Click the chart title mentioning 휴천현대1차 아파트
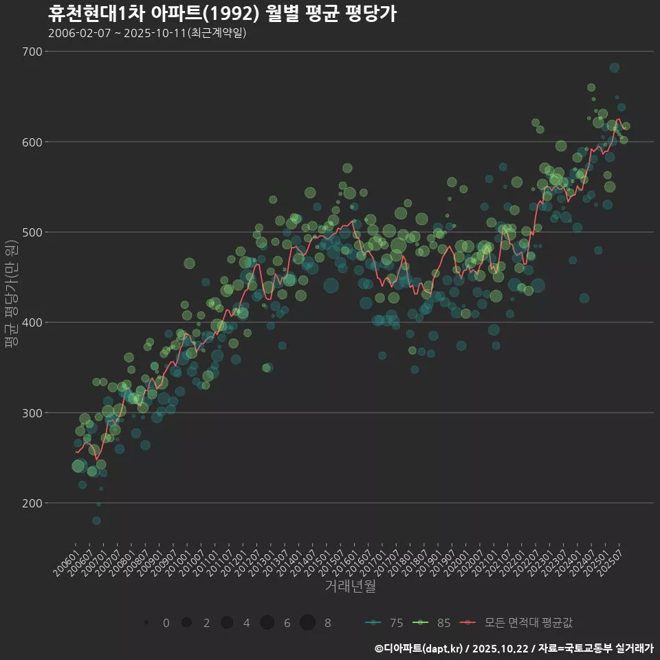[x=221, y=14]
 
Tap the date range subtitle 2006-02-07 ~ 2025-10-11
[x=147, y=33]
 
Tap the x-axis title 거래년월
[x=350, y=586]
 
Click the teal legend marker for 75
[x=373, y=623]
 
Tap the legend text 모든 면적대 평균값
[x=528, y=623]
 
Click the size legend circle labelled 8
[x=307, y=623]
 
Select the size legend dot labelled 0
[x=146, y=623]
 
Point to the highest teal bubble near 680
[x=614, y=67]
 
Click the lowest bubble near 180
[x=96, y=520]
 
